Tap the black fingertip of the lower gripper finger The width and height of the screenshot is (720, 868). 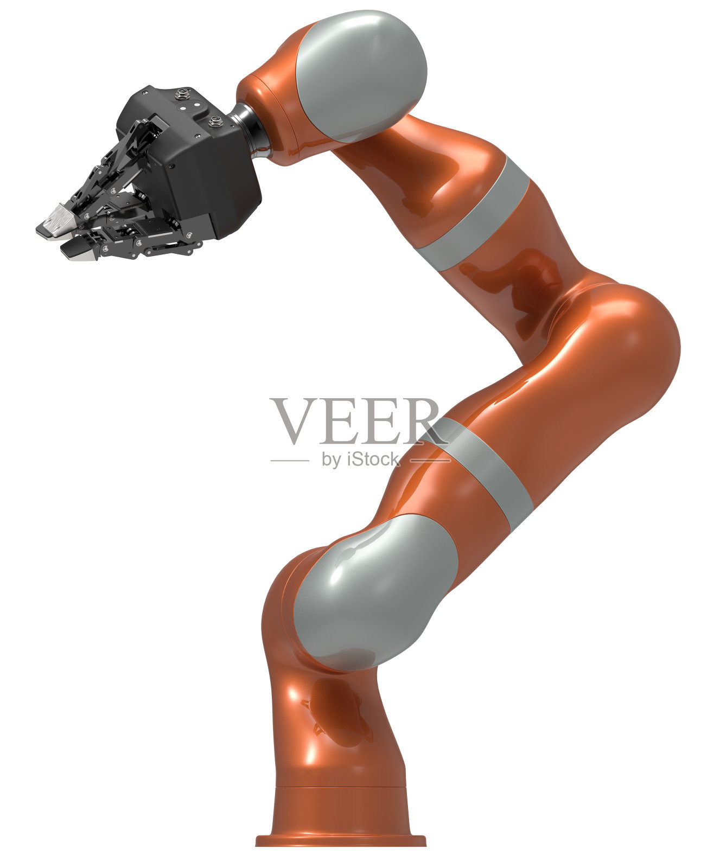pyautogui.click(x=76, y=250)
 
